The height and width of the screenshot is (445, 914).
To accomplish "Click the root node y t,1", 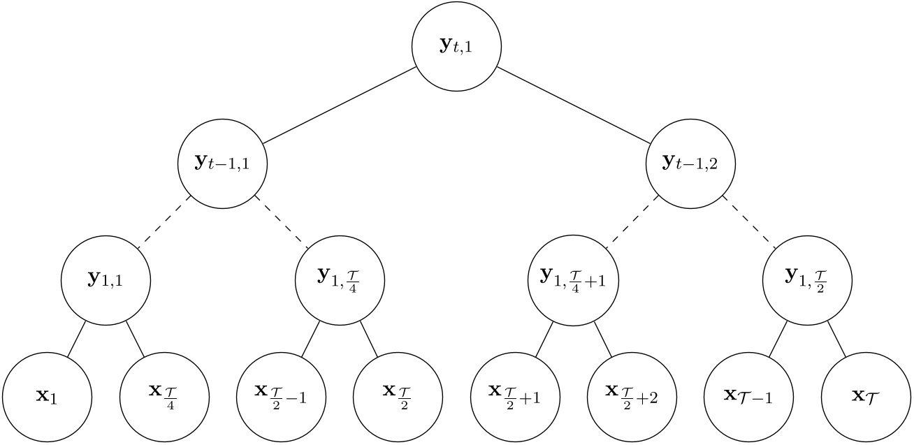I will point(457,47).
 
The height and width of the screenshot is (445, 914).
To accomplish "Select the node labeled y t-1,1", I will point(223,163).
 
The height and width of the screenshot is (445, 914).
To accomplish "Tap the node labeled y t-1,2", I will point(690,163).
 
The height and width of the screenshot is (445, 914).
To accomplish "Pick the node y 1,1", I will point(106,279).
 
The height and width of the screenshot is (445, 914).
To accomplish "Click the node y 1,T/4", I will point(340,279).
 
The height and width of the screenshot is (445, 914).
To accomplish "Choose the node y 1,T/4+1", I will point(574,279).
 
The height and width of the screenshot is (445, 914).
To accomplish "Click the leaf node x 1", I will point(48,396).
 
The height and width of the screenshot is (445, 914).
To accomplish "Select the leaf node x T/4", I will point(165,396).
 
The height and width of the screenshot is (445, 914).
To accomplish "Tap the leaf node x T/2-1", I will point(282,396).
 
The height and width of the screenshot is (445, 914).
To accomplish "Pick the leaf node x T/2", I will point(398,396).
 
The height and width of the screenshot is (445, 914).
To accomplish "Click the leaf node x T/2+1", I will point(516,396).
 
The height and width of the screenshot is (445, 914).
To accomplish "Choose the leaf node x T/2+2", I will point(632,396).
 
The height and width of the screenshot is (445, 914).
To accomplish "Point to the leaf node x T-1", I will point(749,396).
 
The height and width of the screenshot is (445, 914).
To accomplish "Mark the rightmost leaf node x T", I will point(866,396).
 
